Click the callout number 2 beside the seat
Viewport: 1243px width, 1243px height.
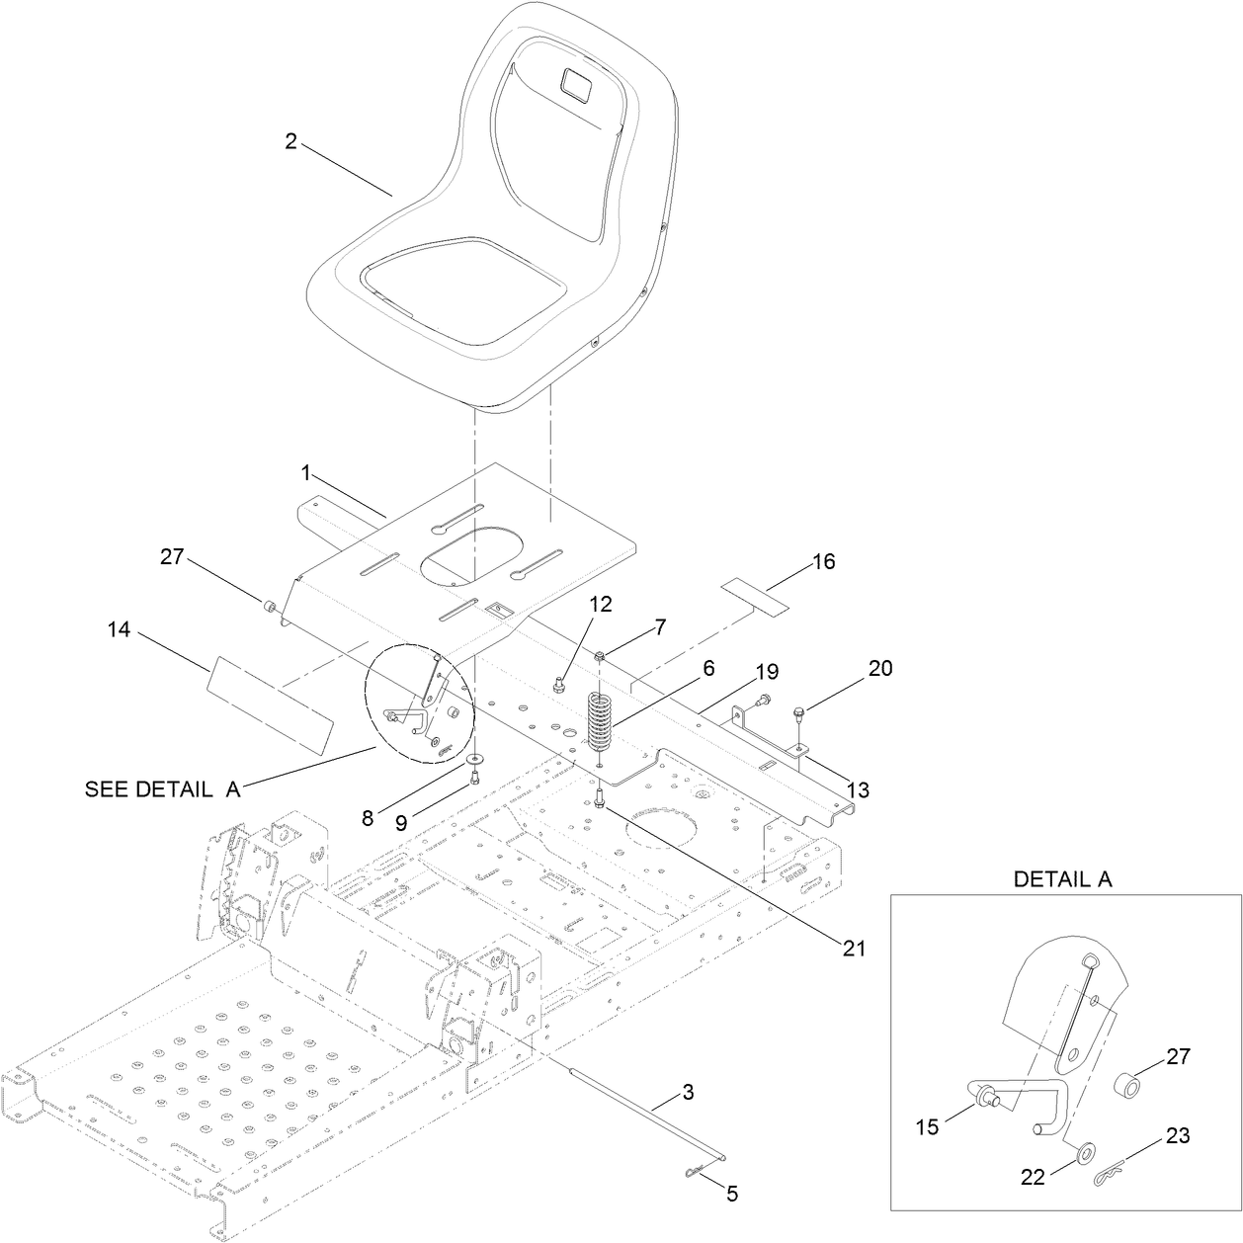290,141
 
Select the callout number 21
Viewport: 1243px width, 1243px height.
854,948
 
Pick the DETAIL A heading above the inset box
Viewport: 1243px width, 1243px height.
1062,879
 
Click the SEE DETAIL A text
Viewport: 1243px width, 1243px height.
162,789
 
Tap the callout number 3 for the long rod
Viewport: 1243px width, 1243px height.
688,1093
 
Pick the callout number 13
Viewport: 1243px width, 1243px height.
858,789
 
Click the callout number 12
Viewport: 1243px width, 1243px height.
602,604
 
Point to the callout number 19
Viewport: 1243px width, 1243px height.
767,673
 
